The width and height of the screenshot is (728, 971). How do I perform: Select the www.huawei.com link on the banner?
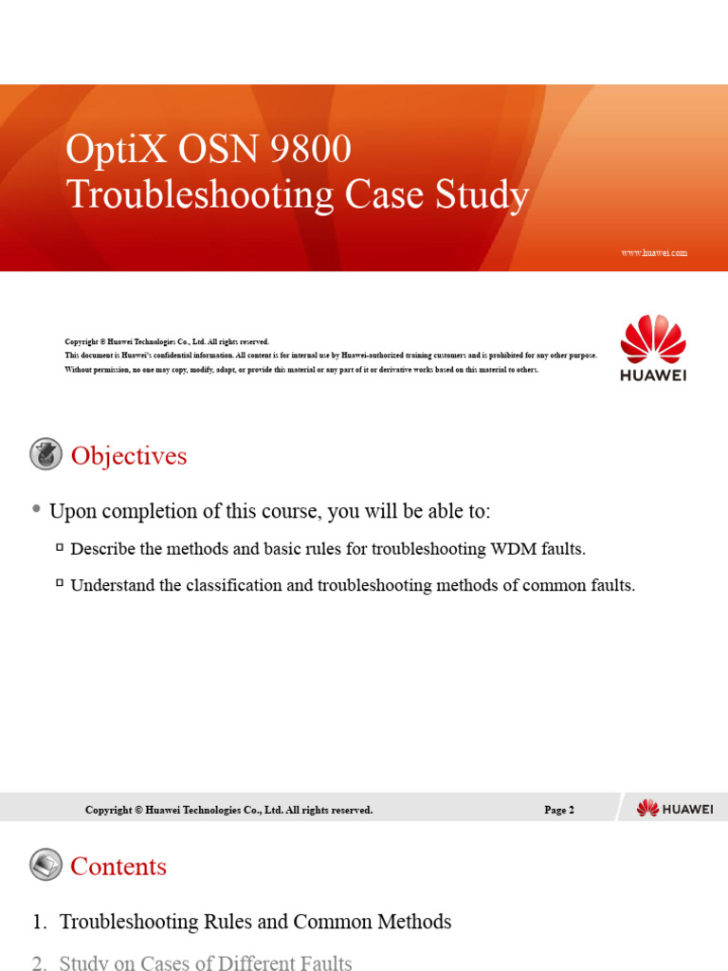(x=653, y=253)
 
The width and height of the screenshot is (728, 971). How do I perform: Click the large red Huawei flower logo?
(x=653, y=339)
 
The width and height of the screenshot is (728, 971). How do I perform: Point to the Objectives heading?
(x=129, y=456)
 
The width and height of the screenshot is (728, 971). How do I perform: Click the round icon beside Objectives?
(x=45, y=454)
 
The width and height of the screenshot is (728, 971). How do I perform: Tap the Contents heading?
(x=118, y=866)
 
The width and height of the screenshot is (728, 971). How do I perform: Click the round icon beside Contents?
(x=45, y=864)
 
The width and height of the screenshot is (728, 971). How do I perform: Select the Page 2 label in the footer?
(x=559, y=810)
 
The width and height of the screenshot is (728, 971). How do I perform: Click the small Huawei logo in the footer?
(x=674, y=808)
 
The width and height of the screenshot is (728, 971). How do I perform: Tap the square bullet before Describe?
(x=60, y=547)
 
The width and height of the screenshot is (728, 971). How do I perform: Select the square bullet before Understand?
(x=60, y=584)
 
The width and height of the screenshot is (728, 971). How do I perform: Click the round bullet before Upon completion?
(x=36, y=510)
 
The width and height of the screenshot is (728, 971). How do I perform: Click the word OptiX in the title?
(x=103, y=150)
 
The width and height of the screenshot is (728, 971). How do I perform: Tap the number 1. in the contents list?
(x=39, y=921)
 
